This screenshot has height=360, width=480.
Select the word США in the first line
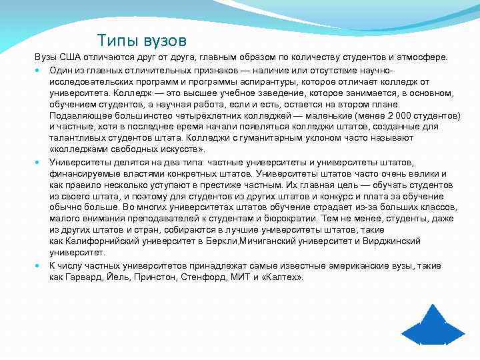point(73,58)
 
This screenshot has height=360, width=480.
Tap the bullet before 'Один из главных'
point(41,70)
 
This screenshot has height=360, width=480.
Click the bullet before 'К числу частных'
point(41,265)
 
